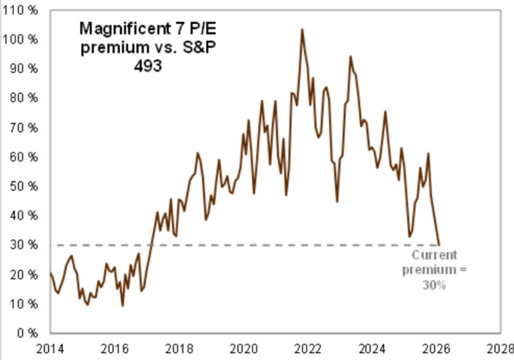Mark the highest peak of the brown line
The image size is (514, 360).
(302, 29)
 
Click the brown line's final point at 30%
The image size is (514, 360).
(440, 245)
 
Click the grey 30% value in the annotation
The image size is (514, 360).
(434, 285)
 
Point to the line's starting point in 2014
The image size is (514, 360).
(50, 273)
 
